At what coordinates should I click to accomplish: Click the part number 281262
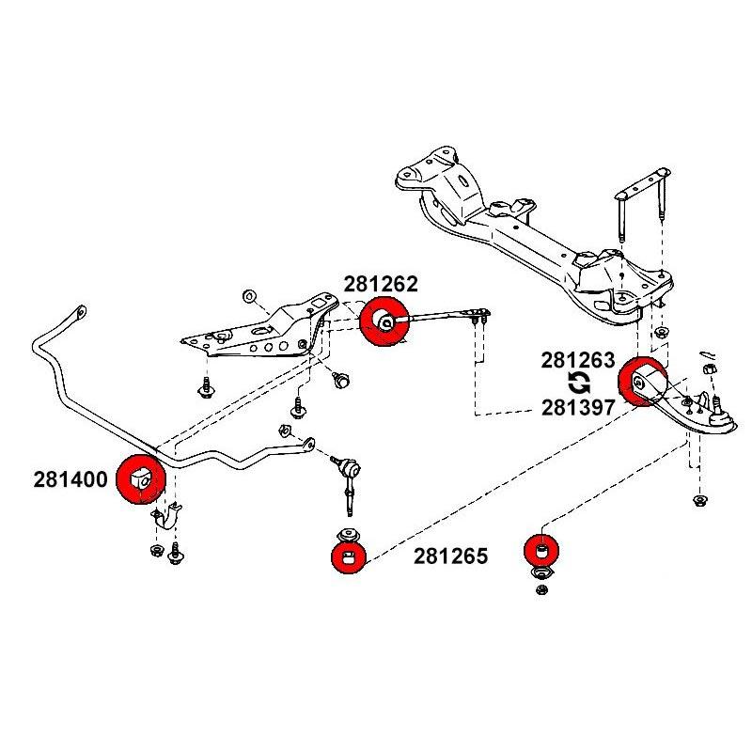tap(380, 284)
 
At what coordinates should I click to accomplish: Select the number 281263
tap(577, 360)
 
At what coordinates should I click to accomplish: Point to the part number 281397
tap(577, 407)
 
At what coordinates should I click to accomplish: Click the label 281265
tap(450, 556)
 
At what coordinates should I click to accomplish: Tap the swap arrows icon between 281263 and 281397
tap(579, 383)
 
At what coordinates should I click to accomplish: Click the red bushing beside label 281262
tap(384, 322)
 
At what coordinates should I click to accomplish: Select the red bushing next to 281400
tap(140, 478)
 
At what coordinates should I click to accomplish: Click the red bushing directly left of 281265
tap(349, 556)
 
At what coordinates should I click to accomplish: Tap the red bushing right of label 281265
tap(541, 548)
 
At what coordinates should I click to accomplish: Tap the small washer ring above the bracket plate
tap(249, 297)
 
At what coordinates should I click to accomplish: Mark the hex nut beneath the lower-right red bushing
tap(541, 589)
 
